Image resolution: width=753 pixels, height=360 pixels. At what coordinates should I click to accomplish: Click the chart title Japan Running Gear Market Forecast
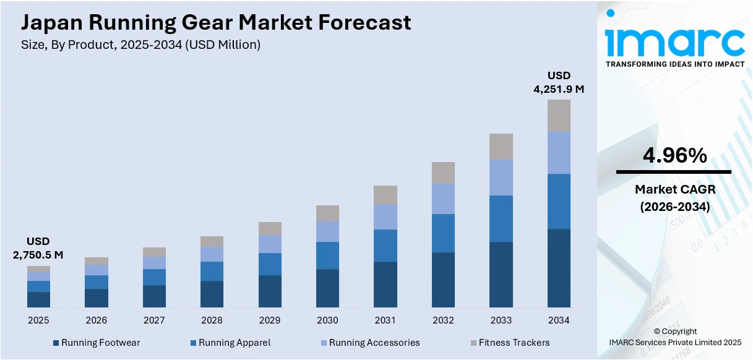pyautogui.click(x=216, y=23)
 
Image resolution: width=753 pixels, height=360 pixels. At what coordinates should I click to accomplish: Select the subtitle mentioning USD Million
pyautogui.click(x=140, y=45)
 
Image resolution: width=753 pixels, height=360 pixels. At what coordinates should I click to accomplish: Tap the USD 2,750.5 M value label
pyautogui.click(x=38, y=248)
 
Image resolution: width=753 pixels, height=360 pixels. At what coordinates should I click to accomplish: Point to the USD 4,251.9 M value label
pyautogui.click(x=559, y=82)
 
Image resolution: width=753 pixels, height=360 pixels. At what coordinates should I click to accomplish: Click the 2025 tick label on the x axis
pyautogui.click(x=38, y=320)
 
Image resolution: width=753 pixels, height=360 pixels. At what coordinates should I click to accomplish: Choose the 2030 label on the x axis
pyautogui.click(x=327, y=320)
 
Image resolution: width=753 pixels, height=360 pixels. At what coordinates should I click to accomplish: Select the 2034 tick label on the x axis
pyautogui.click(x=559, y=320)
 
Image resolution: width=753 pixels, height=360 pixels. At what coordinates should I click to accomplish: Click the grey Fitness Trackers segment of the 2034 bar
pyautogui.click(x=559, y=115)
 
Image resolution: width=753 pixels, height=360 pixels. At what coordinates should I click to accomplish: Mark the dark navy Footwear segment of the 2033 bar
pyautogui.click(x=501, y=275)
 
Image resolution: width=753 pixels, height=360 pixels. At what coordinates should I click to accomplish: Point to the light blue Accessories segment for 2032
pyautogui.click(x=443, y=199)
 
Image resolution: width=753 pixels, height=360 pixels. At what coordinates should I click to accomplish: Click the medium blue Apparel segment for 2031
pyautogui.click(x=385, y=246)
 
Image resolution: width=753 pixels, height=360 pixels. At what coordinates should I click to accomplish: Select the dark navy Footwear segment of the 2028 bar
pyautogui.click(x=212, y=294)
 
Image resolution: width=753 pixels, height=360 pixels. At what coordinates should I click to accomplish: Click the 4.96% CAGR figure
pyautogui.click(x=674, y=156)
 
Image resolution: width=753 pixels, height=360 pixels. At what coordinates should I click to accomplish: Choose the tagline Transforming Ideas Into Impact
pyautogui.click(x=674, y=64)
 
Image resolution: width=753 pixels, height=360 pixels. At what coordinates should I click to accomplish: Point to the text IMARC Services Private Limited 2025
pyautogui.click(x=674, y=342)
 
